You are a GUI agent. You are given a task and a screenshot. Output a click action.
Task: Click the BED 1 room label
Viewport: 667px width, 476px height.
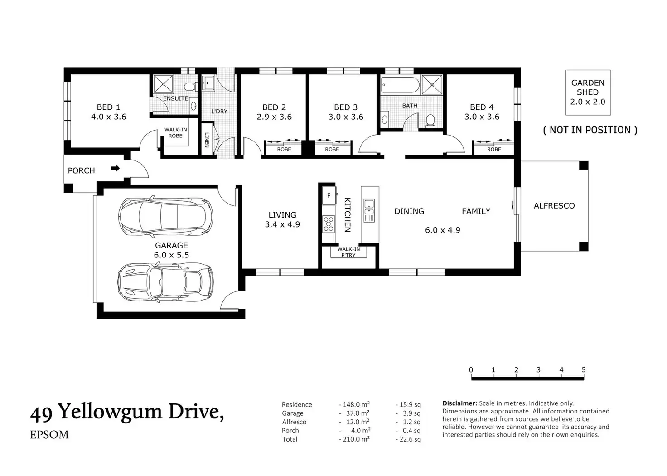click(x=108, y=107)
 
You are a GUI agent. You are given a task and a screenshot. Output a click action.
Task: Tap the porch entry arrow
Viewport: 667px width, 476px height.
click(x=115, y=168)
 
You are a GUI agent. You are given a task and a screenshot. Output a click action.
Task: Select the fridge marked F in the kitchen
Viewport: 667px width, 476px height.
click(x=329, y=195)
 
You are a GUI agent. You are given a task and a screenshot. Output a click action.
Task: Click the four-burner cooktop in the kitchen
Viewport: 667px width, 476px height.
click(x=329, y=224)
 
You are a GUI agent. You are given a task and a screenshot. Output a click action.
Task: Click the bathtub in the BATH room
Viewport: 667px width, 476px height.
click(x=400, y=85)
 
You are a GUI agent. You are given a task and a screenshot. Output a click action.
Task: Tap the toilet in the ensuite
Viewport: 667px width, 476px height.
click(x=189, y=87)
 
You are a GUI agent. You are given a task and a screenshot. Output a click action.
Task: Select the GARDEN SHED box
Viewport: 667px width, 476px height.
click(x=588, y=92)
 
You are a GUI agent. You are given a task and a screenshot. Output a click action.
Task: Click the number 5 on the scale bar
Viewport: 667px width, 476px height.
click(x=584, y=369)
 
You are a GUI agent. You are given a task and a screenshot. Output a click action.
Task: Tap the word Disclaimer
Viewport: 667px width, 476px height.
click(x=460, y=403)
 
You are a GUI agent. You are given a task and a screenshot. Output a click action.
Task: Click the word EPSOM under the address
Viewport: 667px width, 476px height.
click(x=49, y=435)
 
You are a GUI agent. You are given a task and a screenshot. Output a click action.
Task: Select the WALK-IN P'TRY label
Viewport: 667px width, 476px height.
click(x=348, y=252)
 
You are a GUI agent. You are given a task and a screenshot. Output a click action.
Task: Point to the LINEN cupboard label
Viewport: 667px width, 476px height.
click(x=207, y=140)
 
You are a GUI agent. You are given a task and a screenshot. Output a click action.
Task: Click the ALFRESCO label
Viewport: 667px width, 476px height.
click(x=554, y=205)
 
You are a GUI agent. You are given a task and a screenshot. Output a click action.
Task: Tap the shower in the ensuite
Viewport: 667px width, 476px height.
click(x=163, y=85)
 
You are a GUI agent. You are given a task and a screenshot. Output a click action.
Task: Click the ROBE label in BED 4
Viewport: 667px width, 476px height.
click(x=494, y=149)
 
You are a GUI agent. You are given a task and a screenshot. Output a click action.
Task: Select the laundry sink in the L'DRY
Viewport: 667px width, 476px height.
click(x=208, y=83)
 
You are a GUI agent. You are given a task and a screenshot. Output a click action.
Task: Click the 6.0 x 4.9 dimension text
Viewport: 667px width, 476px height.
click(x=443, y=230)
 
